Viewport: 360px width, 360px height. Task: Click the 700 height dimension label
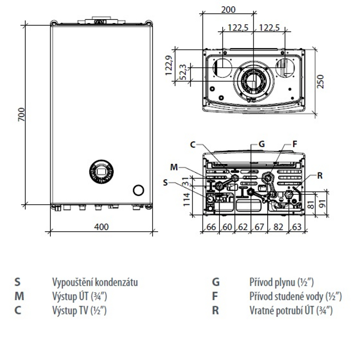pos(22,115)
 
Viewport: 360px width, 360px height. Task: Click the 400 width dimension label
pos(101,227)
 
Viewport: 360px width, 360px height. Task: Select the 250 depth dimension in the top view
pos(320,81)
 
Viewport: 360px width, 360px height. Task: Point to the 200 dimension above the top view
pos(228,9)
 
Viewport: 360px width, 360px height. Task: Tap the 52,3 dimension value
pos(183,72)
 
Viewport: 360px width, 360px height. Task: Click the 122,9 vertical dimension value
pos(169,65)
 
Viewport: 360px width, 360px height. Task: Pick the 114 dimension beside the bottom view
pos(186,199)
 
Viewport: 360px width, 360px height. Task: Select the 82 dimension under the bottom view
pos(278,227)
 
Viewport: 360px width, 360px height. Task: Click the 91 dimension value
pos(323,204)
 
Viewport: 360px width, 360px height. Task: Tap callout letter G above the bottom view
pos(262,144)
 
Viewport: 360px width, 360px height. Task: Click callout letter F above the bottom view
pos(295,144)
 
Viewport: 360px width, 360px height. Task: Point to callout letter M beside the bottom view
pos(174,167)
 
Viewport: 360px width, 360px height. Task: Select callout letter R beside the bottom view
pos(320,175)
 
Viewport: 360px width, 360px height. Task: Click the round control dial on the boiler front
pos(101,171)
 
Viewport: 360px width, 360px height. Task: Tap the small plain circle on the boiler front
pos(139,190)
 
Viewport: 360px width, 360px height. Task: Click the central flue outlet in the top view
pos(253,81)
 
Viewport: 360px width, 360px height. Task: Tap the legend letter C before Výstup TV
pos(18,310)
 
